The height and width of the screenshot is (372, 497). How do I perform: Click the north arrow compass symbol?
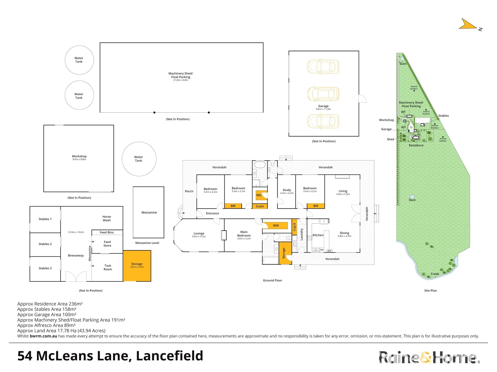coord(469,24)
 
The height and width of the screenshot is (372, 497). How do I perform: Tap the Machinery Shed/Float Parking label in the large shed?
coord(181,75)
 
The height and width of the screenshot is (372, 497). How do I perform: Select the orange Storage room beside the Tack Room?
coord(137,266)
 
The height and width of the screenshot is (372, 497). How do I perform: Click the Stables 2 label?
coord(45,244)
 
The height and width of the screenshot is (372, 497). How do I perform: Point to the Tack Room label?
coord(108,267)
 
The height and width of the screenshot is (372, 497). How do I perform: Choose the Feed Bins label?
coord(107,232)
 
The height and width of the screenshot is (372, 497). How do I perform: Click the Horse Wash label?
coord(107,218)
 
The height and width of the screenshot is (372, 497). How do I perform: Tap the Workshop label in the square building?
coord(79,156)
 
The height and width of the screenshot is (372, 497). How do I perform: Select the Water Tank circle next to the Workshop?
coord(139,159)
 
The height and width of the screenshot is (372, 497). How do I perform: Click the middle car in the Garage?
coord(323,94)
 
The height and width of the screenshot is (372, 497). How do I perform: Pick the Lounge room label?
coord(199,234)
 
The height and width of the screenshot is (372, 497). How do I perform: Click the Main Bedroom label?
coord(244,234)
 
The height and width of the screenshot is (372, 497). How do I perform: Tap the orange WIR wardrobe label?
coord(275,226)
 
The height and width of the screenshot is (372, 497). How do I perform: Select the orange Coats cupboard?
coord(260,206)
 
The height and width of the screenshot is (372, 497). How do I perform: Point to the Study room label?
coord(287,190)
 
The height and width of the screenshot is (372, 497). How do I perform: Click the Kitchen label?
coord(318,235)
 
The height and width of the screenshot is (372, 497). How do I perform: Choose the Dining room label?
coord(344,233)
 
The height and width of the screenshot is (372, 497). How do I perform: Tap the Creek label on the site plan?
coord(435,274)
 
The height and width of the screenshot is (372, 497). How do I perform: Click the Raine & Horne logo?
coord(428,358)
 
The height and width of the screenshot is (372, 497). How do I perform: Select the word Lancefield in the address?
coord(169,356)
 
